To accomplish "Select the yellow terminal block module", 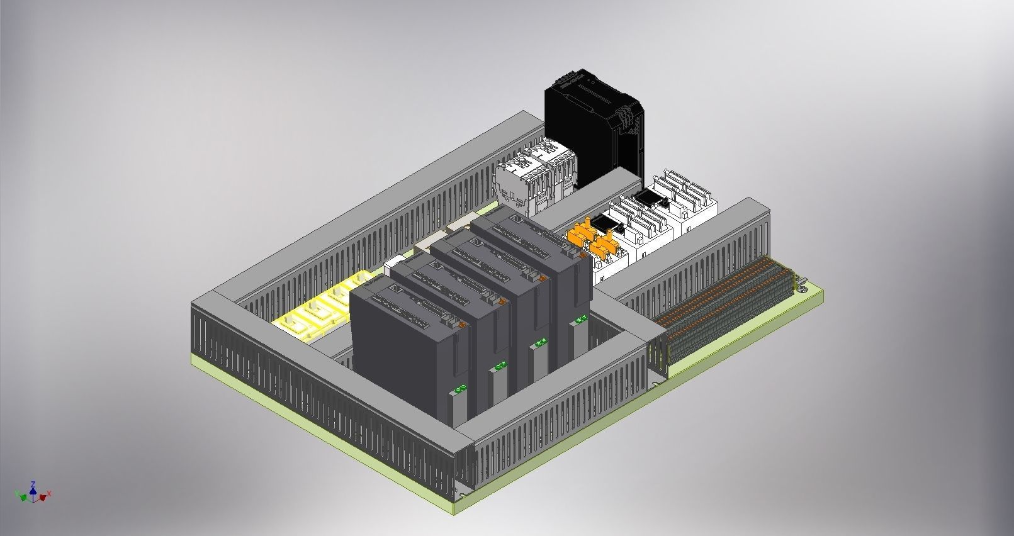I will [x=315, y=308].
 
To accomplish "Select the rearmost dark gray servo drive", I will [x=535, y=252].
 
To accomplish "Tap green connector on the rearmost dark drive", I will [x=580, y=319].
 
